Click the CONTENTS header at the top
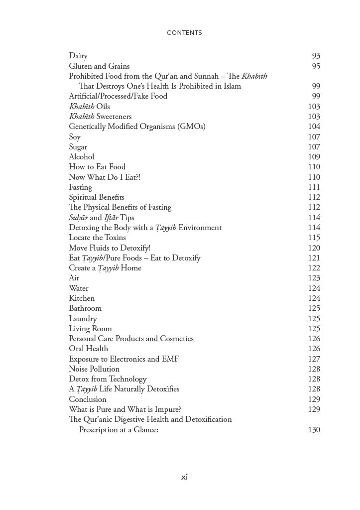coord(184,33)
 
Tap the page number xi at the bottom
coord(184,477)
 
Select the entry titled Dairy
coord(78,56)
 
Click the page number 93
coord(316,56)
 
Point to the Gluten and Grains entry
coord(99,66)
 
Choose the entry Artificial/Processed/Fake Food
coord(118,96)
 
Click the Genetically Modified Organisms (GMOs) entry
coord(137,127)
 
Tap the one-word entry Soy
coord(75,137)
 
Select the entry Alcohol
coord(81,157)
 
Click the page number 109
coord(314,157)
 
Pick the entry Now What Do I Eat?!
coord(105,177)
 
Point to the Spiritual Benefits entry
coord(97,197)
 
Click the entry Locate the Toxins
coord(97,238)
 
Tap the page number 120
coord(314,248)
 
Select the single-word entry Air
coord(74,278)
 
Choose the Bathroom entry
coord(85,308)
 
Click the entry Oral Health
coord(88,349)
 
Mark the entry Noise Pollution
coord(94,369)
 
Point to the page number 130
coord(314,430)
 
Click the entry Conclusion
coord(88,399)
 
